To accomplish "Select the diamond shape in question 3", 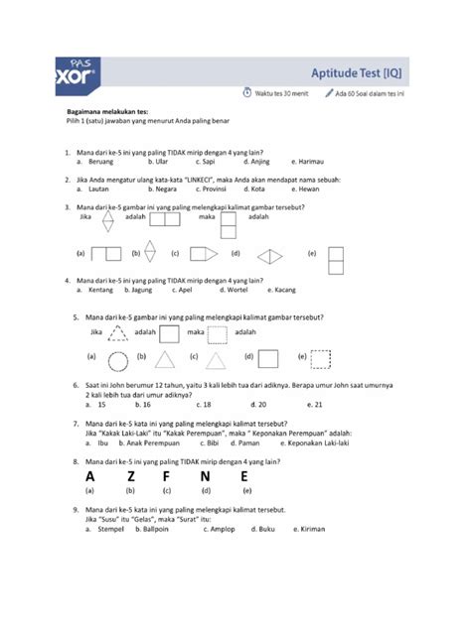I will pyautogui.click(x=269, y=254).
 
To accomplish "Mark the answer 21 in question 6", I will pyautogui.click(x=316, y=404).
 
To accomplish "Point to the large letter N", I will pyautogui.click(x=205, y=476).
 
